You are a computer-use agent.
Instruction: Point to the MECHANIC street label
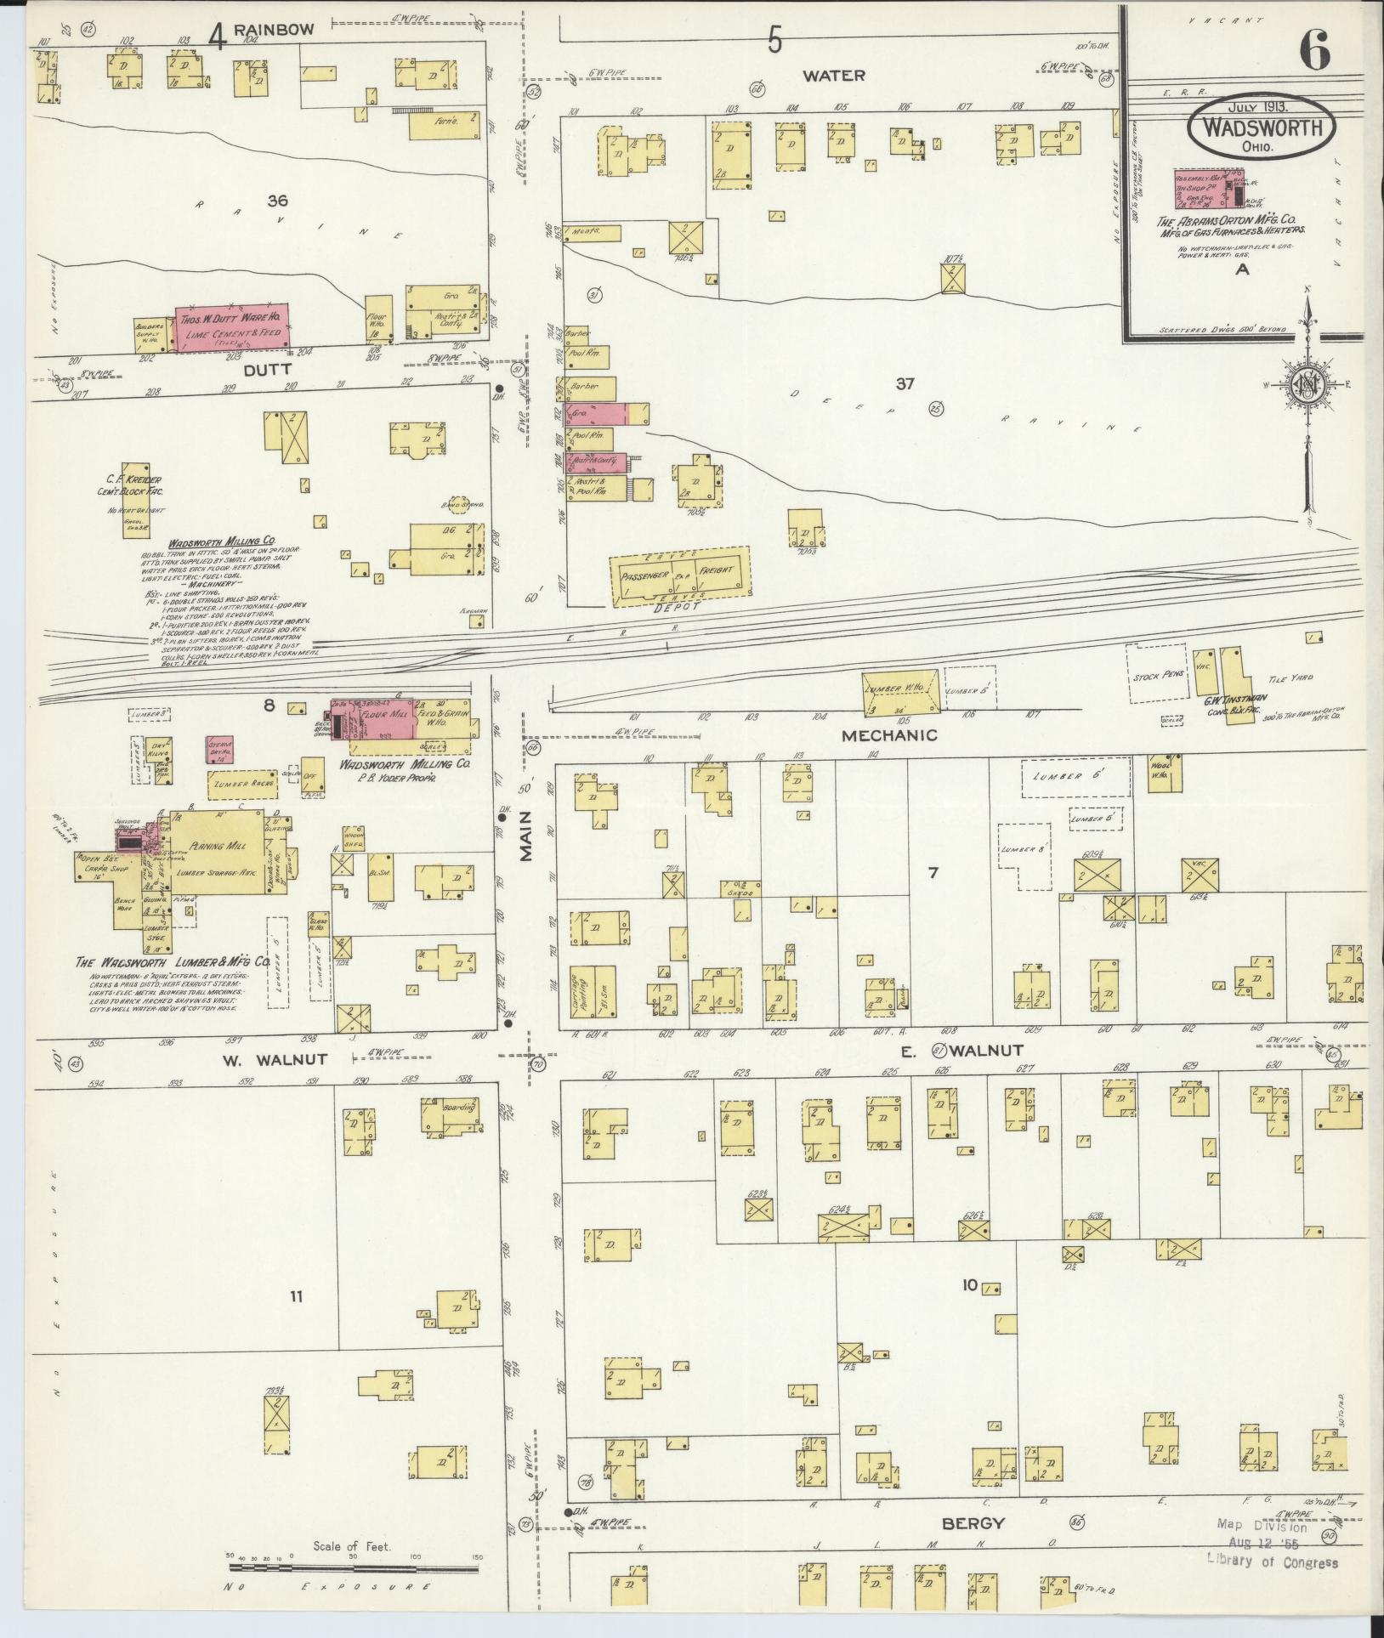pyautogui.click(x=891, y=735)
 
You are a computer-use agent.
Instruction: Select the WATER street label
pyautogui.click(x=834, y=76)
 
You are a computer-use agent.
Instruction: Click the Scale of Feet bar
pyautogui.click(x=354, y=1567)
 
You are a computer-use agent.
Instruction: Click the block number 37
pyautogui.click(x=904, y=384)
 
